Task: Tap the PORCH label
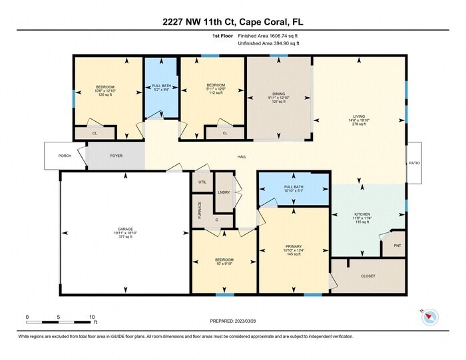(65, 156)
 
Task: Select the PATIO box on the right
(414, 162)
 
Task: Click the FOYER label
(116, 156)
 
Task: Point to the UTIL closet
(202, 181)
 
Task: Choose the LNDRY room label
(224, 192)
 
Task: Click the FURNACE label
(199, 210)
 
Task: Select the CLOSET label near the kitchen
(368, 275)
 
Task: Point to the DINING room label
(278, 94)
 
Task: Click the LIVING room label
(359, 116)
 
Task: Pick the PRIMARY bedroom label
(293, 246)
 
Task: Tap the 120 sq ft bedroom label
(105, 87)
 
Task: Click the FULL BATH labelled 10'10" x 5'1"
(293, 187)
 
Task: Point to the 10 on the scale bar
(91, 317)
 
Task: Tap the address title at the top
(233, 22)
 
